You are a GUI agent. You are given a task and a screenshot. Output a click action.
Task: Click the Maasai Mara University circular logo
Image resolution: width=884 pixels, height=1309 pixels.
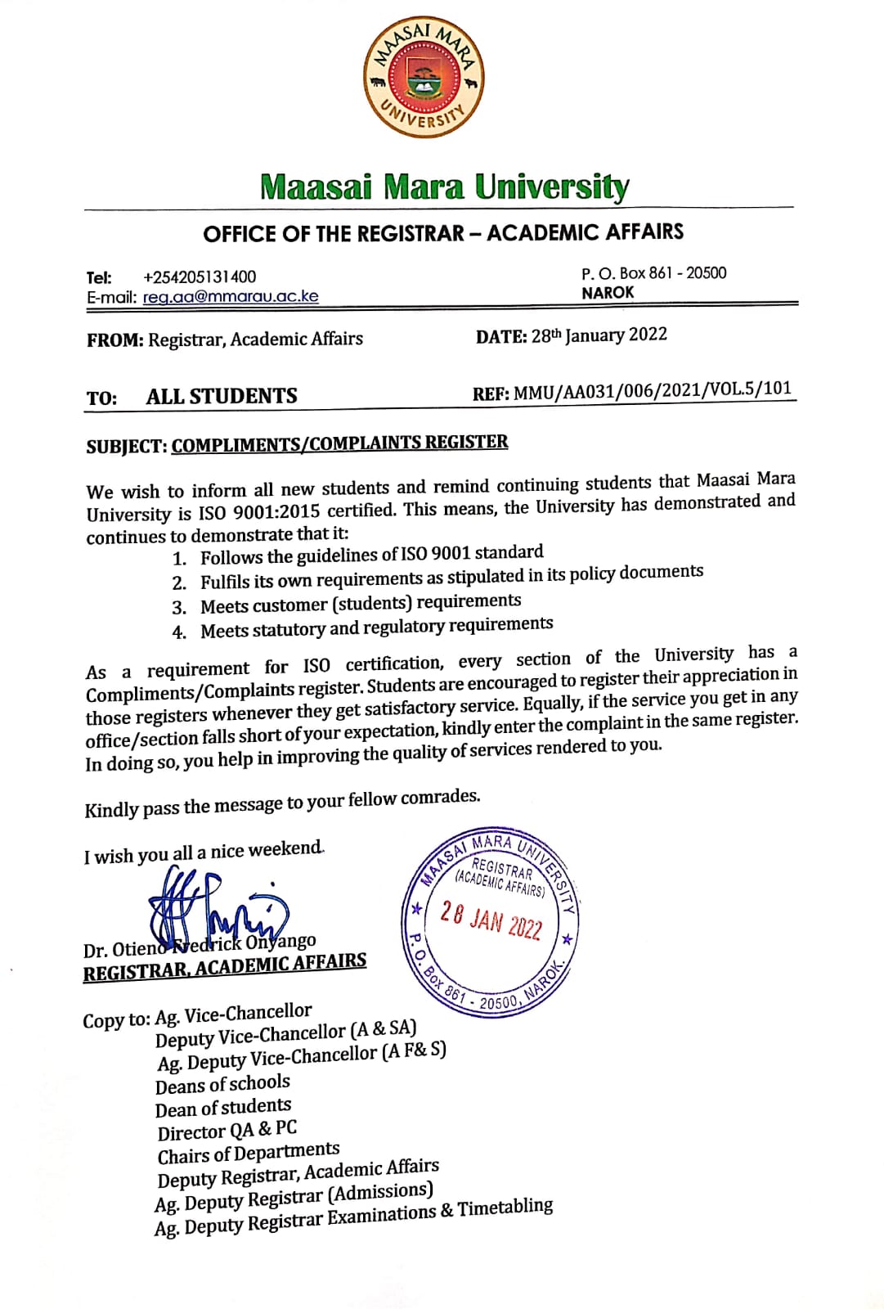pyautogui.click(x=423, y=79)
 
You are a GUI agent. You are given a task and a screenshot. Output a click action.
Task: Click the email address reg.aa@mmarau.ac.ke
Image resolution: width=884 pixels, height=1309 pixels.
pyautogui.click(x=231, y=297)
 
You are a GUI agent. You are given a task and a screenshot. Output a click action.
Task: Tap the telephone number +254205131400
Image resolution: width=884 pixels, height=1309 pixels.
pyautogui.click(x=199, y=277)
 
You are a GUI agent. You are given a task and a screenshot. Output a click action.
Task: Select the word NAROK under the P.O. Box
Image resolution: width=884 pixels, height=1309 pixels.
pyautogui.click(x=608, y=293)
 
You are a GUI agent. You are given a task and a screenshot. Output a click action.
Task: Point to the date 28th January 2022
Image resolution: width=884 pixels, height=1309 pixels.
pyautogui.click(x=599, y=335)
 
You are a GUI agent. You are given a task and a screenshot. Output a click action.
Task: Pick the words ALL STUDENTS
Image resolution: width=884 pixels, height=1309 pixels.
pyautogui.click(x=222, y=397)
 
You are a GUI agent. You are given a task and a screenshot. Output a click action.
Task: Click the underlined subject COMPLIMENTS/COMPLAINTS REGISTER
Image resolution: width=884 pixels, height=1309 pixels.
pyautogui.click(x=339, y=443)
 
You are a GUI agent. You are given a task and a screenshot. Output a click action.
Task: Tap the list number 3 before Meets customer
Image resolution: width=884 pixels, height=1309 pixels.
pyautogui.click(x=179, y=608)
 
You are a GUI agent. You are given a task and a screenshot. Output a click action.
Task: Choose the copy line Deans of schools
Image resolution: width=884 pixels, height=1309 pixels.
pyautogui.click(x=222, y=1085)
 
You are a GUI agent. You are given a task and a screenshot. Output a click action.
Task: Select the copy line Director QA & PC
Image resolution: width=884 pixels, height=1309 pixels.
pyautogui.click(x=227, y=1131)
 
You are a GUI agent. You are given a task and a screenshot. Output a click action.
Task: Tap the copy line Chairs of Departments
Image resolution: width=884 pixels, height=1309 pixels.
pyautogui.click(x=249, y=1154)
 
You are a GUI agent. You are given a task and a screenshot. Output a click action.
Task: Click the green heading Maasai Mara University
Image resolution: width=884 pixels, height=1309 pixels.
pyautogui.click(x=444, y=187)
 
